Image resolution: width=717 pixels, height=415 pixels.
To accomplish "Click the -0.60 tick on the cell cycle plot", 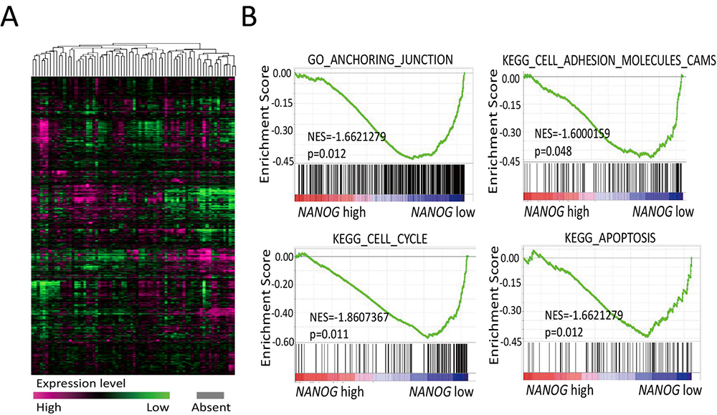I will click(280, 341).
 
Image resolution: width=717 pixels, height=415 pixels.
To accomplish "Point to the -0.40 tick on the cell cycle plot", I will click(280, 313).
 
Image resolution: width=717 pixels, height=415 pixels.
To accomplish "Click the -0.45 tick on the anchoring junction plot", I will click(280, 162).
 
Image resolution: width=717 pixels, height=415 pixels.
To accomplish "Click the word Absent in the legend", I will click(211, 408).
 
